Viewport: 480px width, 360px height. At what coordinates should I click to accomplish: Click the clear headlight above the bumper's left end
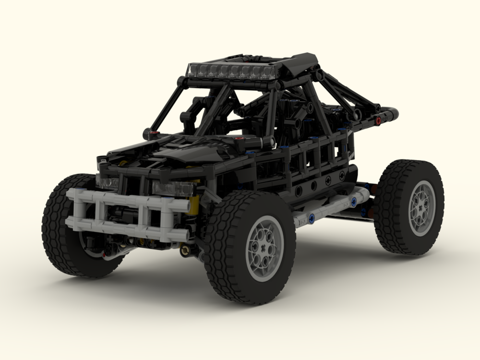point(108,182)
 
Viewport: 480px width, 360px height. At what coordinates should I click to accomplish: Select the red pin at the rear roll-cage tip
point(379,120)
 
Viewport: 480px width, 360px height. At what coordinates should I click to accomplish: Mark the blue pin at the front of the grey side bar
point(312,218)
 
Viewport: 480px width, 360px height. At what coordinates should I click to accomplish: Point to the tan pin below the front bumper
point(184,250)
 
